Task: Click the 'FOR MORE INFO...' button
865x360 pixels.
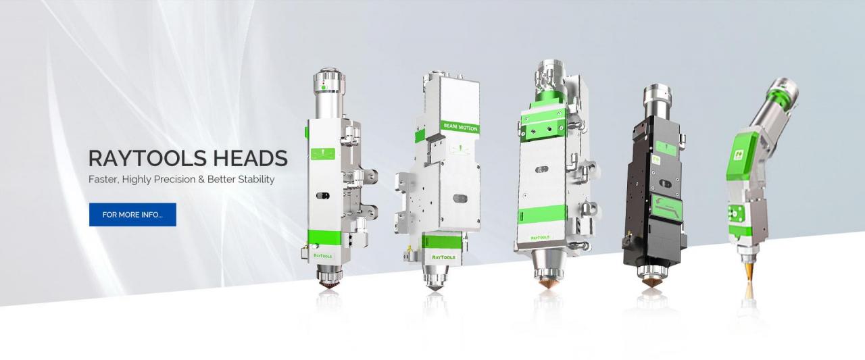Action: click(132, 215)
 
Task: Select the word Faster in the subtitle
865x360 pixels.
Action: click(104, 180)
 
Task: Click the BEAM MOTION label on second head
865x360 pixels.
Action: click(460, 126)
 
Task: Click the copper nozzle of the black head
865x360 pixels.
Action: click(652, 282)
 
